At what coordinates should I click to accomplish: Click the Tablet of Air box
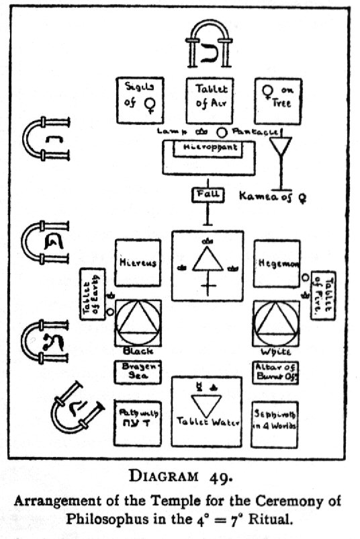click(208, 101)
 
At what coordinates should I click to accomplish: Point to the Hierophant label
click(206, 147)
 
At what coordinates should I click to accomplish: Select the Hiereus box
click(138, 263)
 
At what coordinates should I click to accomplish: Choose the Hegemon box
click(276, 263)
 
